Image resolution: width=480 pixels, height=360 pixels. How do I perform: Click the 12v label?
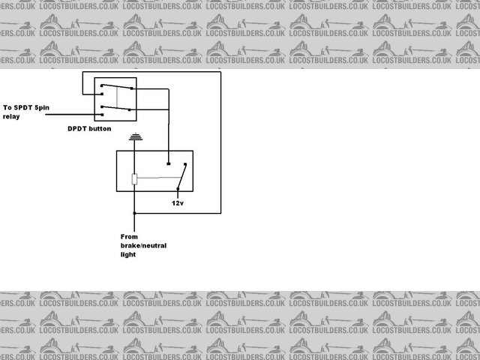point(177,203)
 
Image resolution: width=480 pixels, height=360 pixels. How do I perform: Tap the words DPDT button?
point(89,129)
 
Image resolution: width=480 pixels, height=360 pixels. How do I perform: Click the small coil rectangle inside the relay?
point(134,179)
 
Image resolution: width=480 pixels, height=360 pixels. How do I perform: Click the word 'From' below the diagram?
point(130,237)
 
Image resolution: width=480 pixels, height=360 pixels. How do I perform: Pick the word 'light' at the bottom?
point(129,255)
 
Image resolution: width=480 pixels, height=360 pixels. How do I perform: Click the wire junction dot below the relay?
point(134,213)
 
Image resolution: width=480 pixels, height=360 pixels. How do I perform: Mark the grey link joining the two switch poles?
point(116,99)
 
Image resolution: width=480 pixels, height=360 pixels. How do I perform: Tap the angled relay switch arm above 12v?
point(181,178)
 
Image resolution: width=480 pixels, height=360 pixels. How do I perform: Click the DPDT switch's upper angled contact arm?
point(115,88)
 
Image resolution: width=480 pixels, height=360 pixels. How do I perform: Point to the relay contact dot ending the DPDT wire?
point(169,163)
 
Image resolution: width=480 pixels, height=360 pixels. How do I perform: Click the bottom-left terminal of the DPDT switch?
point(100,117)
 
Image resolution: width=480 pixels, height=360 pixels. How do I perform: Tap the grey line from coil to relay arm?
point(157,178)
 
